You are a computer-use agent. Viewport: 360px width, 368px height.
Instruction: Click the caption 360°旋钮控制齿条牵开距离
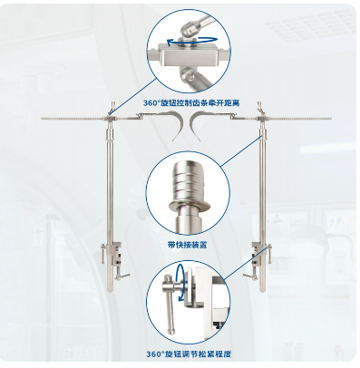tap(191, 103)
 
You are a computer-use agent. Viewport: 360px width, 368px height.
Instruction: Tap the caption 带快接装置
tap(188, 245)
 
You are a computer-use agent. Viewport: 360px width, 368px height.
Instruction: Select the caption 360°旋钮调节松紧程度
tap(190, 353)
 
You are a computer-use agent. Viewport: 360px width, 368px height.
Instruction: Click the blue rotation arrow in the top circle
tap(192, 42)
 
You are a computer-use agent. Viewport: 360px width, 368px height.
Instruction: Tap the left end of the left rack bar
tap(42, 119)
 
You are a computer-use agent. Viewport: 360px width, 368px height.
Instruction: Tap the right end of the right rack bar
tap(331, 119)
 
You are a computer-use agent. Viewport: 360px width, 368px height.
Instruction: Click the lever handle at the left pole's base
tap(122, 276)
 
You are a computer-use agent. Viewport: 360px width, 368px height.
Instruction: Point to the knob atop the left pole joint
tap(112, 107)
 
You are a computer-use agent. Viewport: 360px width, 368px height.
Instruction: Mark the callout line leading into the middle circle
tap(242, 151)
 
